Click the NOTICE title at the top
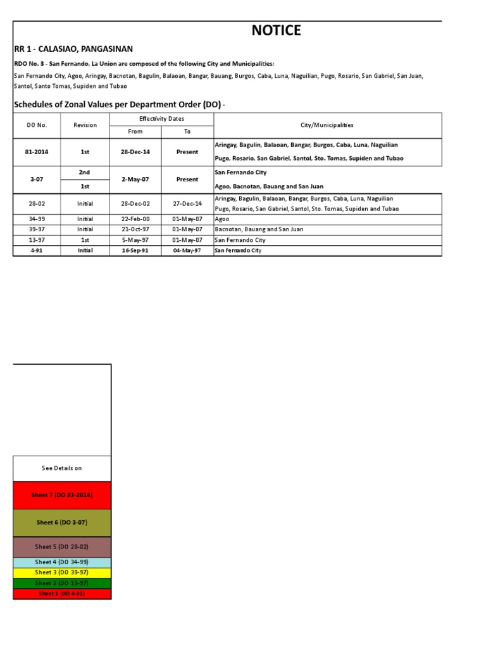click(x=277, y=31)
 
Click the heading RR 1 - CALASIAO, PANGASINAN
click(x=73, y=49)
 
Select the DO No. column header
click(x=37, y=125)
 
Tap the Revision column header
click(x=85, y=125)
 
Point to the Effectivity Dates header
click(x=161, y=119)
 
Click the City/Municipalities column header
click(x=327, y=125)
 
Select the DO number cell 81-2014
click(x=37, y=152)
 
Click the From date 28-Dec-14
click(x=135, y=152)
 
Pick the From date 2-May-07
click(x=135, y=179)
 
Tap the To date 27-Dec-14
click(x=187, y=203)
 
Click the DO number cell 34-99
click(x=37, y=219)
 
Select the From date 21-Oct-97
click(x=135, y=229)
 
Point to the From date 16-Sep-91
click(x=135, y=251)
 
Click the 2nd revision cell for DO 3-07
click(x=85, y=172)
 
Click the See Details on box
click(x=62, y=468)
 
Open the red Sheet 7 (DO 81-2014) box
click(x=62, y=495)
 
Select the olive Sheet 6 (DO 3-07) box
click(x=62, y=523)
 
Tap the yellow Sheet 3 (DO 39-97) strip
click(x=62, y=572)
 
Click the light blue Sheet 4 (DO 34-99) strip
click(x=62, y=562)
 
